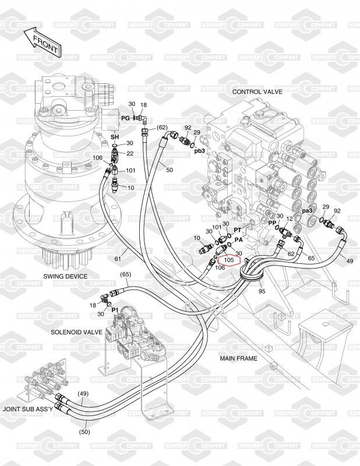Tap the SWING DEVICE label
[65, 276]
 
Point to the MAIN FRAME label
[238, 358]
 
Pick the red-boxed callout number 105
[228, 260]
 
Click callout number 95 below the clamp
[262, 291]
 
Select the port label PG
[125, 118]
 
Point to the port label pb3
[200, 151]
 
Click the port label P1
[115, 310]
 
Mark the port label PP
[272, 223]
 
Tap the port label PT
[238, 231]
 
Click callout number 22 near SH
[130, 153]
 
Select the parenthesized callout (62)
[161, 128]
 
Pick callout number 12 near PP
[290, 218]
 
